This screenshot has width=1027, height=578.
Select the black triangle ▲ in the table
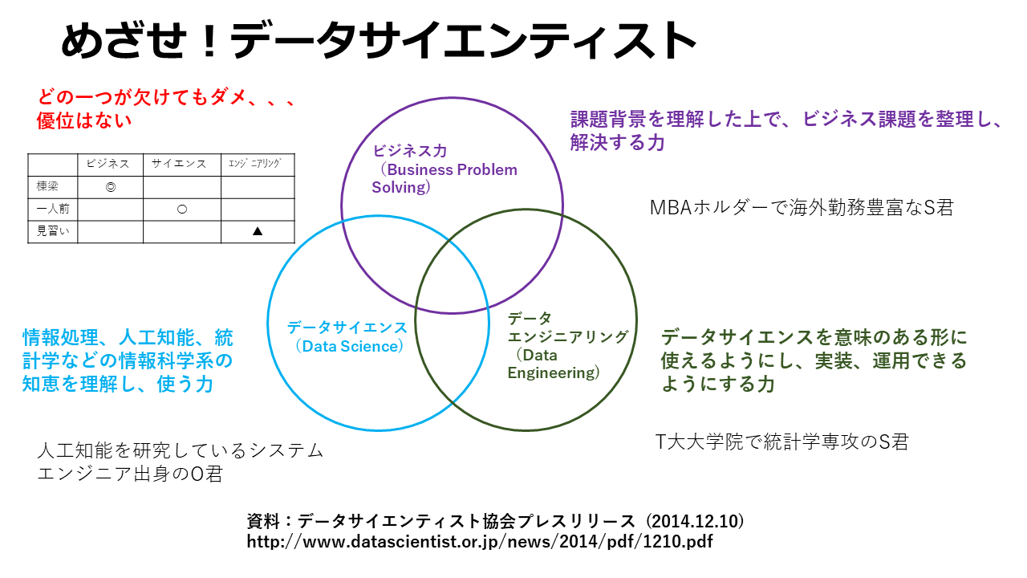pos(258,231)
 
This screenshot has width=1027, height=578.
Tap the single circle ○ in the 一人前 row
pos(182,209)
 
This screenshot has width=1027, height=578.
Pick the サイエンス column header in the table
pos(181,164)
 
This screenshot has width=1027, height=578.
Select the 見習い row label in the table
pos(53,231)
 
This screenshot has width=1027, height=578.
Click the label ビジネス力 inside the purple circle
pos(410,151)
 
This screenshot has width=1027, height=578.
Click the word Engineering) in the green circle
pos(554,372)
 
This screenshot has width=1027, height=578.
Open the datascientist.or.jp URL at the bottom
pos(480,541)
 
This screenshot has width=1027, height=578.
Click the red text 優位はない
pos(84,121)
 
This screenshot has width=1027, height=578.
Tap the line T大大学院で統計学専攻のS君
pos(782,442)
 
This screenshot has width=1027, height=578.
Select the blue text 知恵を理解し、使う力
pos(118,384)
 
